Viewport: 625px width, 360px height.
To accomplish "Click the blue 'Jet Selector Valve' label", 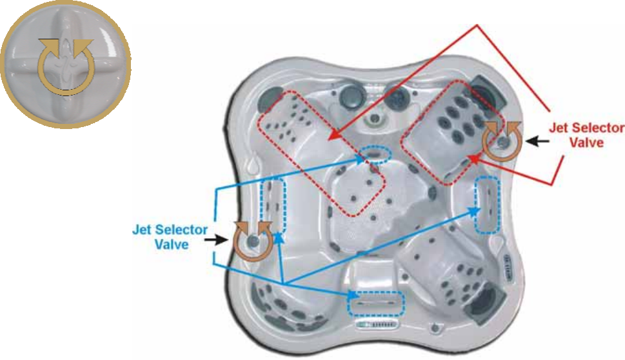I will tap(170, 237).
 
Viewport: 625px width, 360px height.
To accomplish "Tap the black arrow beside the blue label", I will tap(213, 239).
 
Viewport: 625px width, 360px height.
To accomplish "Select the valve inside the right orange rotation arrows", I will tap(502, 139).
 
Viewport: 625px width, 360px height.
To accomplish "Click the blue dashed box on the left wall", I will tap(272, 206).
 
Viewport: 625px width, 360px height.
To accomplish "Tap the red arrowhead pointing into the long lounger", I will tap(331, 137).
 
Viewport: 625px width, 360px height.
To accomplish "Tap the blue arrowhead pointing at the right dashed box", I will tap(475, 208).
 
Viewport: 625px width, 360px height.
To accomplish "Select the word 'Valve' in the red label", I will tap(587, 143).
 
